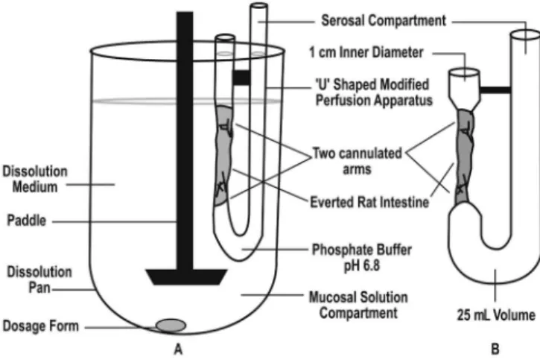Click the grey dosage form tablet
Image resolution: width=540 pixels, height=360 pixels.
coord(171,325)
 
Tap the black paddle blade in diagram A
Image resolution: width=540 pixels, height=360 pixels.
coord(186,277)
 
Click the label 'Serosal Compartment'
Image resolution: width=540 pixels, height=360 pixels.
coord(384,21)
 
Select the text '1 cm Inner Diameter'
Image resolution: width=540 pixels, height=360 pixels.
coord(366,52)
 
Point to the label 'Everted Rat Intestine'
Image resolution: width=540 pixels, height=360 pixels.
coord(369,202)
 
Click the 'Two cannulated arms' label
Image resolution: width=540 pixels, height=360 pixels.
coord(357,161)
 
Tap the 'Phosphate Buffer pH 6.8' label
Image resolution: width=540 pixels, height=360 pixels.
coord(361,258)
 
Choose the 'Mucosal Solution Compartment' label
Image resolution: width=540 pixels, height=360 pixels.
coord(358,305)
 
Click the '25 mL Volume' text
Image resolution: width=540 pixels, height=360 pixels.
coord(496,315)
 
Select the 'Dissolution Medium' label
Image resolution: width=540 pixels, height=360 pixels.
coord(35,179)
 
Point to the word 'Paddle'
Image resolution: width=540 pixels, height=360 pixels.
coord(27,221)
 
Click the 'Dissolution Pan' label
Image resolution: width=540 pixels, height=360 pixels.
coord(39,280)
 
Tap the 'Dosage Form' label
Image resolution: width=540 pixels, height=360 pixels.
coord(41,326)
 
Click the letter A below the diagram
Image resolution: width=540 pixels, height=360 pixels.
coord(178,350)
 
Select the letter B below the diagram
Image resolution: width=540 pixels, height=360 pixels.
coord(495,350)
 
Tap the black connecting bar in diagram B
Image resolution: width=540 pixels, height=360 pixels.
coord(495,90)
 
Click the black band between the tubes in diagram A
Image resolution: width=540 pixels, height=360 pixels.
coord(241,78)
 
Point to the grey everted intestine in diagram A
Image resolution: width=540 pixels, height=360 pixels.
coord(224,155)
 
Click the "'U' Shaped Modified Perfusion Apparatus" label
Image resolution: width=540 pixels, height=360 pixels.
coord(374,92)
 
